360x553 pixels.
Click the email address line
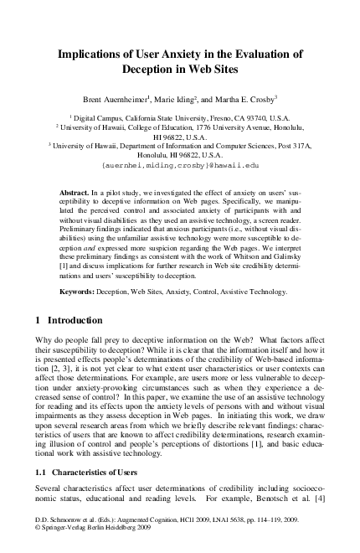point(180,167)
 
